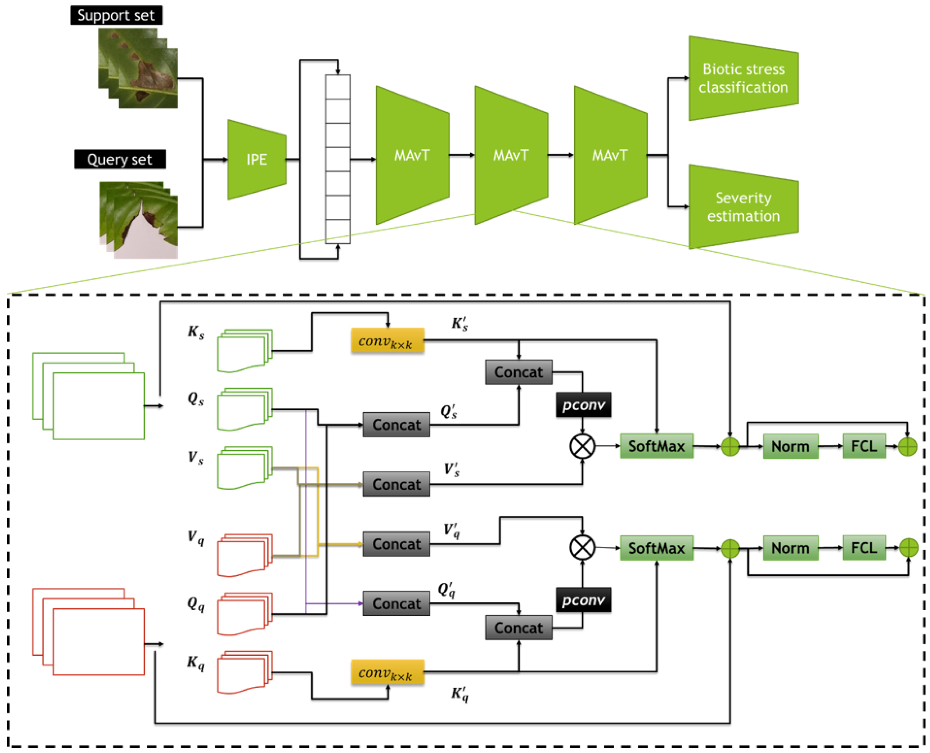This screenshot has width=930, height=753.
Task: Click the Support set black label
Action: tap(116, 15)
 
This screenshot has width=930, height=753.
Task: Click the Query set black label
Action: tap(120, 159)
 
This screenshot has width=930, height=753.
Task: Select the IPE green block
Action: tap(256, 159)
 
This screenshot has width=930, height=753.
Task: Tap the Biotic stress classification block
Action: tap(743, 78)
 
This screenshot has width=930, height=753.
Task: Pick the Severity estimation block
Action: tap(743, 207)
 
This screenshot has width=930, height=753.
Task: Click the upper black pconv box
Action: tap(583, 405)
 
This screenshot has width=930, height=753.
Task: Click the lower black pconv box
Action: tap(583, 599)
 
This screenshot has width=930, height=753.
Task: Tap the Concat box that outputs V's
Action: tap(396, 484)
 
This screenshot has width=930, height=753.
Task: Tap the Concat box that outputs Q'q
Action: tap(396, 603)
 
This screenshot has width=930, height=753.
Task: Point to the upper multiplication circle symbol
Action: tap(582, 446)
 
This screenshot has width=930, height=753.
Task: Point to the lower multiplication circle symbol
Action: tap(582, 547)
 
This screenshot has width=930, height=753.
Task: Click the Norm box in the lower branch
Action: tap(790, 547)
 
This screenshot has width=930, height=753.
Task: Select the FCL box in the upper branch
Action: tap(864, 446)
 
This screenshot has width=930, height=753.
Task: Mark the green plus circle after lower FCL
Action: tap(908, 547)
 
